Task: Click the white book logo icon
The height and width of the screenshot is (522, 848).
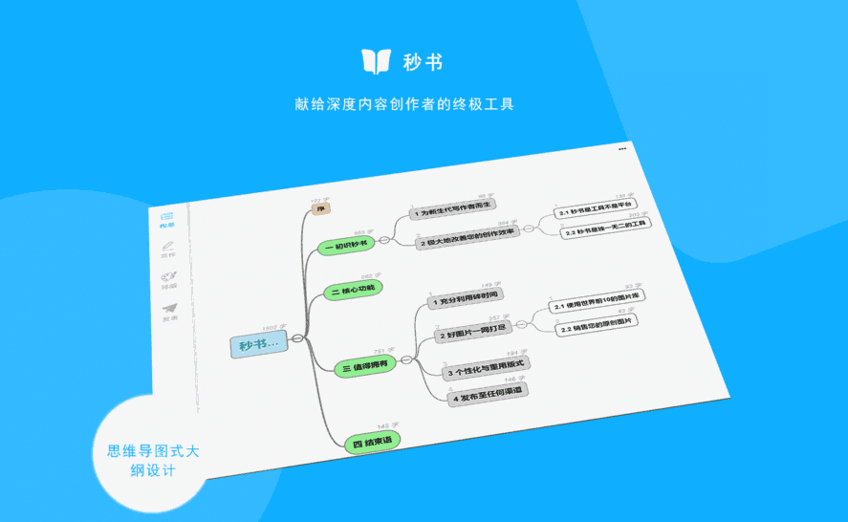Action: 376,61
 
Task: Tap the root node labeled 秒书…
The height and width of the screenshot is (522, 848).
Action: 258,344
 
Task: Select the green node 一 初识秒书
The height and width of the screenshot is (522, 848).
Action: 346,246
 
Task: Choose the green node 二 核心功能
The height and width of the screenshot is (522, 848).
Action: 353,291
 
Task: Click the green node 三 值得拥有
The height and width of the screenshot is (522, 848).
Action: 363,365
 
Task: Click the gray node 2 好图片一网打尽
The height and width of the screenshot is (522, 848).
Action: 474,333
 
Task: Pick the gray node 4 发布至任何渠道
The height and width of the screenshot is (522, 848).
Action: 488,391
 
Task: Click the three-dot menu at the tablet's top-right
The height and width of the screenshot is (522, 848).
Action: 622,149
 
